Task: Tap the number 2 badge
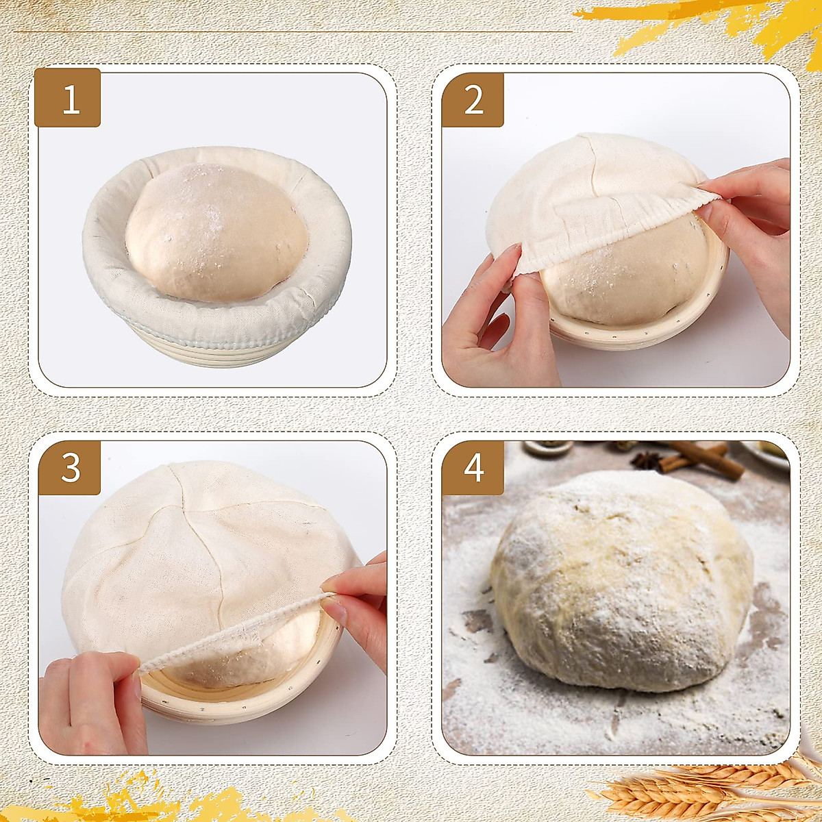coord(473,99)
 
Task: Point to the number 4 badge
coord(473,468)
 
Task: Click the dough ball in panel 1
coord(216,229)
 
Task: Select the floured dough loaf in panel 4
coord(620,582)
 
